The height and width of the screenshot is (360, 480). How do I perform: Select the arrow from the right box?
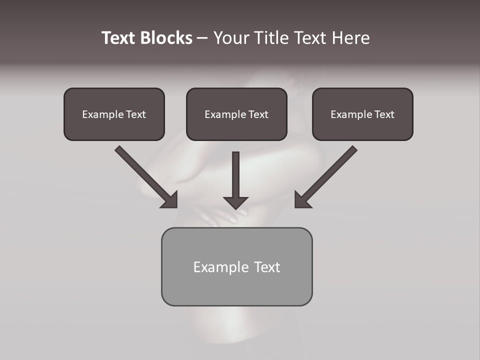[x=327, y=175]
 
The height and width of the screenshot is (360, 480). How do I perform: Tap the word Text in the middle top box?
[x=258, y=114]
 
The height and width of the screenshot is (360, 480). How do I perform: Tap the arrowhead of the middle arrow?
[x=236, y=202]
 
